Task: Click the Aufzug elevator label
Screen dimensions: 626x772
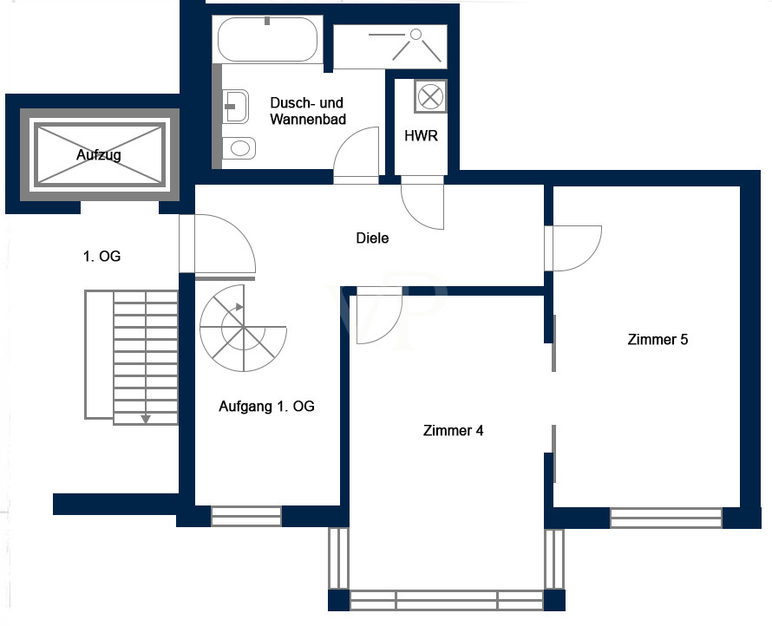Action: pos(98,155)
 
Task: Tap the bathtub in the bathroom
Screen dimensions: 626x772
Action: pos(268,39)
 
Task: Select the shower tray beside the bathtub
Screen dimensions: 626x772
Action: pos(389,46)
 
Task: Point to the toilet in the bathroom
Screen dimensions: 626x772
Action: pos(239,148)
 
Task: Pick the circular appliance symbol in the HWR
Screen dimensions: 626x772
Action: pos(430,95)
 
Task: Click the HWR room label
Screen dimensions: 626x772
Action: pos(421,136)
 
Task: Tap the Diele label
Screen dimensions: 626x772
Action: pos(373,238)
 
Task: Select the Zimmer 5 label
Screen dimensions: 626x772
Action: pos(658,340)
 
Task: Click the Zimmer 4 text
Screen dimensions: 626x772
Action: pos(453,430)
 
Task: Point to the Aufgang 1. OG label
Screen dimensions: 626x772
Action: pos(266,406)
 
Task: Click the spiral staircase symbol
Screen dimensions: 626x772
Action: pos(242,329)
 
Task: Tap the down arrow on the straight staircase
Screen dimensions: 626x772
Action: pos(146,418)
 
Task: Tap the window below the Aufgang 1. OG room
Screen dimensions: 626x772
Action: pos(246,517)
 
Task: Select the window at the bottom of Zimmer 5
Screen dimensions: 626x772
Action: pos(665,518)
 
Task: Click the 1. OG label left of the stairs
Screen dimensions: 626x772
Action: pos(101,257)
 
